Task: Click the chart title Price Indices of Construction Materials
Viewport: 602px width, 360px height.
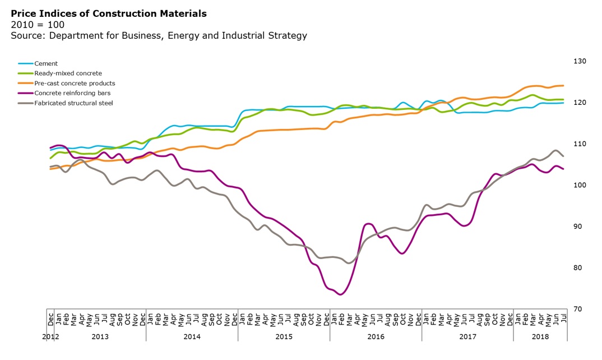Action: [x=109, y=13]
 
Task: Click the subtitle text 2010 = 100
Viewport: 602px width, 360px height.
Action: [x=38, y=25]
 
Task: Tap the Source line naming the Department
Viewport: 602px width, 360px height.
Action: [x=159, y=36]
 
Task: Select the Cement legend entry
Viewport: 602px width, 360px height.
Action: [x=46, y=64]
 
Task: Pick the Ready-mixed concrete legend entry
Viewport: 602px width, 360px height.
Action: [x=68, y=73]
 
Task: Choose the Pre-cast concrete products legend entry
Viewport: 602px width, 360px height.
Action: [x=75, y=84]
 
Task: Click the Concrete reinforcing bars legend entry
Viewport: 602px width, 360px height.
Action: [x=72, y=93]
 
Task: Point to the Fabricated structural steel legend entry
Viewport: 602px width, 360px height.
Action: [x=73, y=103]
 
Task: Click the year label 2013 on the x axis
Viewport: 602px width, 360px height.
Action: [x=100, y=336]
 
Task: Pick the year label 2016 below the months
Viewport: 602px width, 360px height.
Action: [x=376, y=336]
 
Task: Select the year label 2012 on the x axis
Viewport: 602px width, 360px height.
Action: [x=51, y=336]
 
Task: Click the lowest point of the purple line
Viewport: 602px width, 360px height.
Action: [x=341, y=294]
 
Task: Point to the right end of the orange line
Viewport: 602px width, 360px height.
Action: [x=563, y=86]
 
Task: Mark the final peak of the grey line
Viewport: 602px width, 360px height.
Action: [x=555, y=150]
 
